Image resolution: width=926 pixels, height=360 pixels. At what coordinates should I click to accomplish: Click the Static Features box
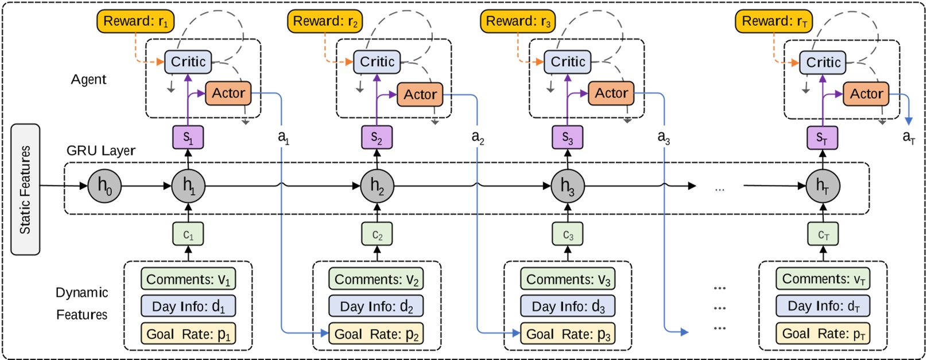point(25,189)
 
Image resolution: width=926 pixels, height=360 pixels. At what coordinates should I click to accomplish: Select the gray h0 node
point(104,185)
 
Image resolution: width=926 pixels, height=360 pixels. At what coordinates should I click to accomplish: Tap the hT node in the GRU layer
point(823,185)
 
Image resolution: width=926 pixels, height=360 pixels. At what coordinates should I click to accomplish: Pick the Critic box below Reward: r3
point(568,62)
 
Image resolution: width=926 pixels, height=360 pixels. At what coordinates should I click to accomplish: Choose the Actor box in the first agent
point(228,94)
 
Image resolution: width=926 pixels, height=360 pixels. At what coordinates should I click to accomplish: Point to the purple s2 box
point(377,137)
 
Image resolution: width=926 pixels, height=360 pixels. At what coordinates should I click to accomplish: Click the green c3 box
point(568,235)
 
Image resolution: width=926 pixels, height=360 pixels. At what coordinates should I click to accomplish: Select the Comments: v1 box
point(188,280)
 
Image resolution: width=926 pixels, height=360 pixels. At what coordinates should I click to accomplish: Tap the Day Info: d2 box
point(376,307)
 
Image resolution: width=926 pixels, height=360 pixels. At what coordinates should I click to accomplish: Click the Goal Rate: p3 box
point(567,334)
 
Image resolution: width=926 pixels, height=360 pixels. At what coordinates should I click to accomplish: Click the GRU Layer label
point(101,151)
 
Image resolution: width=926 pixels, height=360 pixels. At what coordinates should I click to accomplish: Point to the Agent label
point(88,80)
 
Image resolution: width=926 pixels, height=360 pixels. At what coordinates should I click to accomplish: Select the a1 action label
point(284,137)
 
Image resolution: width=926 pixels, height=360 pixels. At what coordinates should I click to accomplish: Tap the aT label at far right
point(908,137)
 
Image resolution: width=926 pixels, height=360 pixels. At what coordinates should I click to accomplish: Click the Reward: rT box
point(773,22)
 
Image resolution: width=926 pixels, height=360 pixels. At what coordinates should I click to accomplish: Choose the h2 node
point(377,185)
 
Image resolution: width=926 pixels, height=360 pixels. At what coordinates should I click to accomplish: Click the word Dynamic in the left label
point(82,293)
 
